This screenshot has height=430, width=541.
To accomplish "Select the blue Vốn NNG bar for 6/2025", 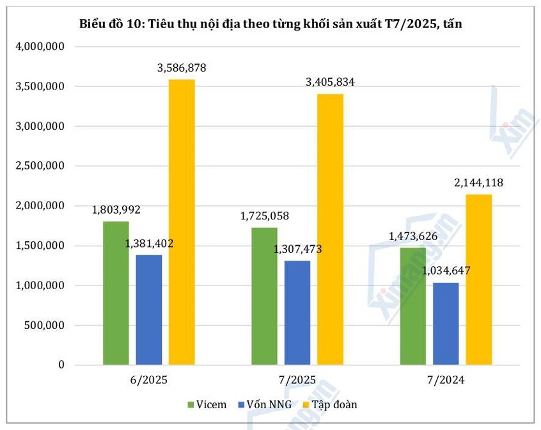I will pyautogui.click(x=149, y=310).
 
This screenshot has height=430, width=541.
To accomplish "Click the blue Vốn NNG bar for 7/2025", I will pyautogui.click(x=297, y=313).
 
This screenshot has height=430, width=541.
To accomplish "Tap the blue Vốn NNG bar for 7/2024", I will pyautogui.click(x=446, y=324).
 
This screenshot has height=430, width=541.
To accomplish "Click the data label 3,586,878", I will pyautogui.click(x=182, y=67).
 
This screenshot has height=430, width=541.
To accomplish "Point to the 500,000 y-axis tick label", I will pyautogui.click(x=47, y=325).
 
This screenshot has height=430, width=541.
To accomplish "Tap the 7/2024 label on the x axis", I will pyautogui.click(x=446, y=380).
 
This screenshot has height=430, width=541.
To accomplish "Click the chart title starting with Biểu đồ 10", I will pyautogui.click(x=270, y=24).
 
